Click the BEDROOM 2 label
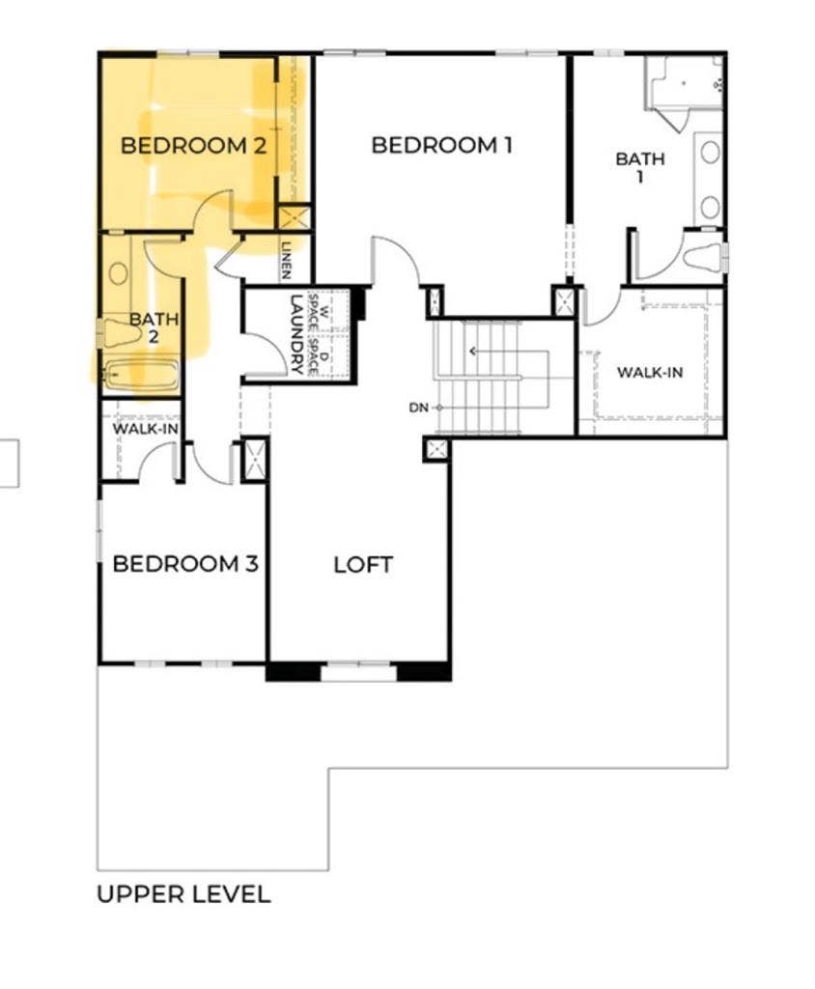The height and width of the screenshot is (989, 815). coord(193,147)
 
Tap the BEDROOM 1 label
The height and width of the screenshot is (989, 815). coord(441,146)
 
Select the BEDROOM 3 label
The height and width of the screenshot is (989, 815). coord(185,564)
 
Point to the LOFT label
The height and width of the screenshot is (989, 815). coord(363,565)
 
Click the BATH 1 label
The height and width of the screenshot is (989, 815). coord(640,167)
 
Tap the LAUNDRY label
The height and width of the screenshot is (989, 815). coord(296,334)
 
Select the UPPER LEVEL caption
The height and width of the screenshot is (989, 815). coord(183,894)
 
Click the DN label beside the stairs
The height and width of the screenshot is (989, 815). coord(418,408)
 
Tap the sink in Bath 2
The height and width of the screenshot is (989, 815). coord(119,272)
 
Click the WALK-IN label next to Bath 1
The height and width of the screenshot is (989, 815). coord(651,371)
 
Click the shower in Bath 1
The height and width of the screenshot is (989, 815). coord(686,83)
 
